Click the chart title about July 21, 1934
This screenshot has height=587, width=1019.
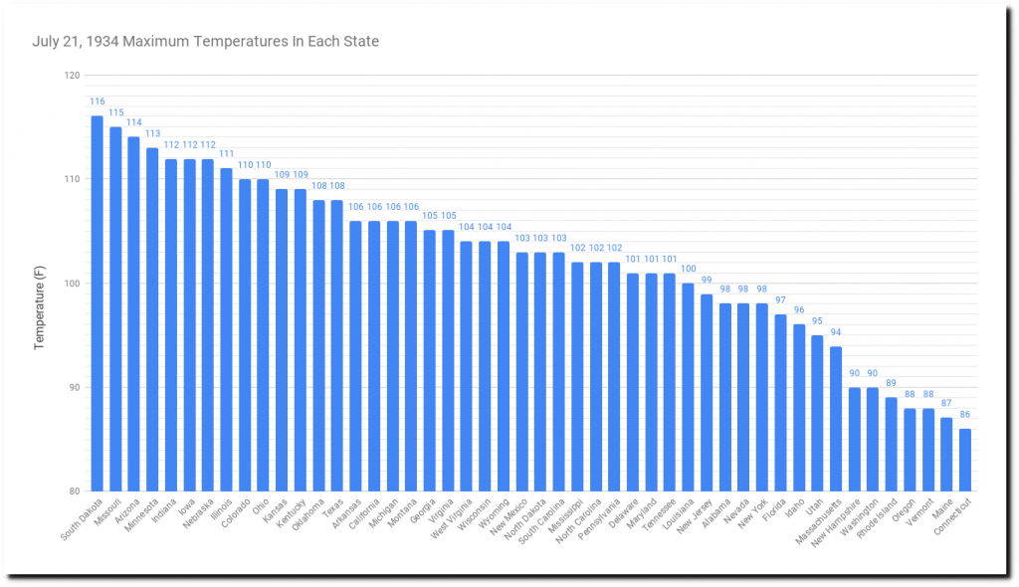(205, 42)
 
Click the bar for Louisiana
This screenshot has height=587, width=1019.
(688, 387)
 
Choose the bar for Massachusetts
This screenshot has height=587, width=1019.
(836, 418)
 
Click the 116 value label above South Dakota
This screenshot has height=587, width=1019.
(98, 102)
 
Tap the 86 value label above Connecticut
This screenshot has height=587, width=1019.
(965, 415)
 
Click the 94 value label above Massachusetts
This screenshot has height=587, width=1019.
(836, 332)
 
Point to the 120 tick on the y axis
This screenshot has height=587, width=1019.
(72, 76)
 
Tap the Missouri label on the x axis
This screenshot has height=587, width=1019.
(106, 516)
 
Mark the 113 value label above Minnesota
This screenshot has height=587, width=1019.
(152, 134)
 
